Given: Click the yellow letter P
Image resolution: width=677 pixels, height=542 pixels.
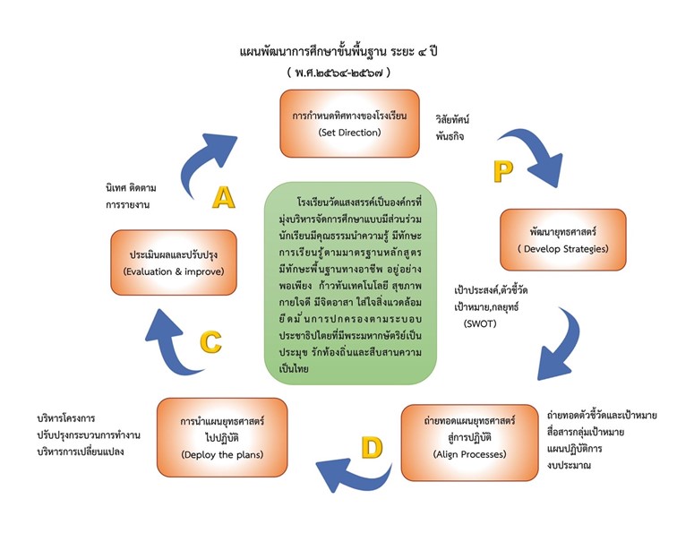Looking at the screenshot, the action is tap(503, 171).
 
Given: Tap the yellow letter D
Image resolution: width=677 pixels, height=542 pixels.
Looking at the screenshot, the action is tap(372, 447).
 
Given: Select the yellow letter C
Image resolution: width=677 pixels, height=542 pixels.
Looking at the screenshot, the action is tap(211, 341).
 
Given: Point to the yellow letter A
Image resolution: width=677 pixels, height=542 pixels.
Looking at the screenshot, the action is tap(224, 198).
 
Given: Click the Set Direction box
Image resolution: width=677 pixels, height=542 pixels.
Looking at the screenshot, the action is tap(350, 124).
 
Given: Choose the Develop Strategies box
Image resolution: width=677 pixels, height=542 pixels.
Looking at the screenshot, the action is tap(563, 240).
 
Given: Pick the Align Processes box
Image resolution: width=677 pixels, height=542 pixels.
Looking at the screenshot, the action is tap(470, 443).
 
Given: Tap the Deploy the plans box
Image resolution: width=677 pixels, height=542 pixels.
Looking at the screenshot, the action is tap(222, 437).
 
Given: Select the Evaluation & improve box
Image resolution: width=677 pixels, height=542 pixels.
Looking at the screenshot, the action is tap(174, 262).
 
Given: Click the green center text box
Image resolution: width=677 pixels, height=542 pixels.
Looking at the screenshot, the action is tap(350, 283).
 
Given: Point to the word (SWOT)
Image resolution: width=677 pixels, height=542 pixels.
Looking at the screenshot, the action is tap(480, 323).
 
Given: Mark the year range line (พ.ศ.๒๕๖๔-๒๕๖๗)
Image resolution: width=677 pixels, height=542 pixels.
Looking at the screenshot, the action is tap(338, 73).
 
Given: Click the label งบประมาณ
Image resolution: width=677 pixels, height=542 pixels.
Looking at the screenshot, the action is tap(569, 465).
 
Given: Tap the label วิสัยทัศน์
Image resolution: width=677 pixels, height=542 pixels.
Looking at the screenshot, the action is tap(452, 120).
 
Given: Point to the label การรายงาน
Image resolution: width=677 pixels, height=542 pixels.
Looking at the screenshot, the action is tap(127, 205).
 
